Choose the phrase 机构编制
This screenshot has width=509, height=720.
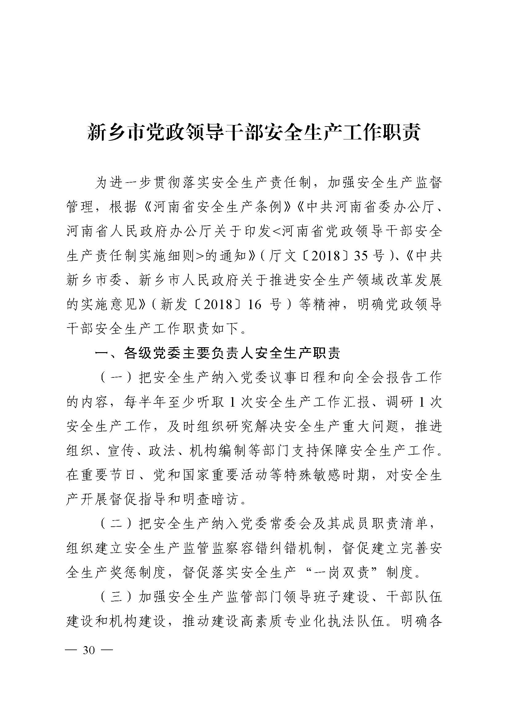218,451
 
